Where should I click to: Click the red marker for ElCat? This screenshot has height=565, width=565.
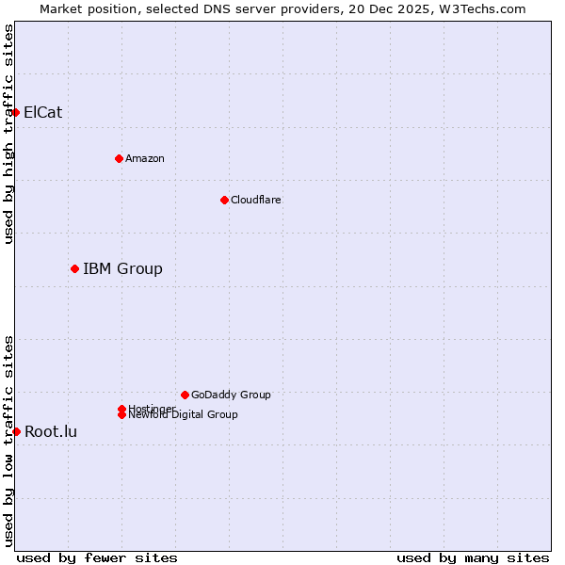coord(15,112)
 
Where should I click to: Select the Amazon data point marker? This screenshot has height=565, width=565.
coord(119,158)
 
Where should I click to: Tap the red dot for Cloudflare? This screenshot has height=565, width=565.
coord(224,200)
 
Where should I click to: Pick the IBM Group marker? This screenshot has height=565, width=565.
coord(74,268)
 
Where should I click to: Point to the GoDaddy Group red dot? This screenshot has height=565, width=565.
coord(185,395)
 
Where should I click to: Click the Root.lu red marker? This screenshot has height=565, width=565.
coord(16,431)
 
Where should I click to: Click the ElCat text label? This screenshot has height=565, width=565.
coord(43,112)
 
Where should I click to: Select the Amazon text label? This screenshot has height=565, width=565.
coord(145,158)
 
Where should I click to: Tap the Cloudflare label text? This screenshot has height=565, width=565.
coord(256,200)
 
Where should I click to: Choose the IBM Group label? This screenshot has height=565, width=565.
coord(122,268)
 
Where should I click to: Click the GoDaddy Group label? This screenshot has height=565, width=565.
coord(231,395)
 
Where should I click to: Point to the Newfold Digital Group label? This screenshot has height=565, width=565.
coord(184,414)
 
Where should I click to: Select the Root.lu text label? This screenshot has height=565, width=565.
coord(51,431)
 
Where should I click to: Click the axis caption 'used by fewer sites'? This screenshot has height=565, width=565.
coord(97,557)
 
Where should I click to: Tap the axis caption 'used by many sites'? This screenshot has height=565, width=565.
coord(473,557)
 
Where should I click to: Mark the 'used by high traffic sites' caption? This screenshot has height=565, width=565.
coord(9,134)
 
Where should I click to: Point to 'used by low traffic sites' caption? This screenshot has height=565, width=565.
coord(9,441)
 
